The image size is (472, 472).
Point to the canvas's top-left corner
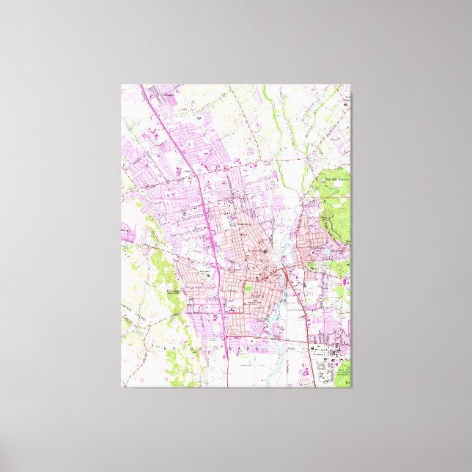122,85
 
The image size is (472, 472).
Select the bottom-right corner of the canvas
350,387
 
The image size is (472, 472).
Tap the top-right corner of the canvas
350,85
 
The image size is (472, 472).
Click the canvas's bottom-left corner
122,387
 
